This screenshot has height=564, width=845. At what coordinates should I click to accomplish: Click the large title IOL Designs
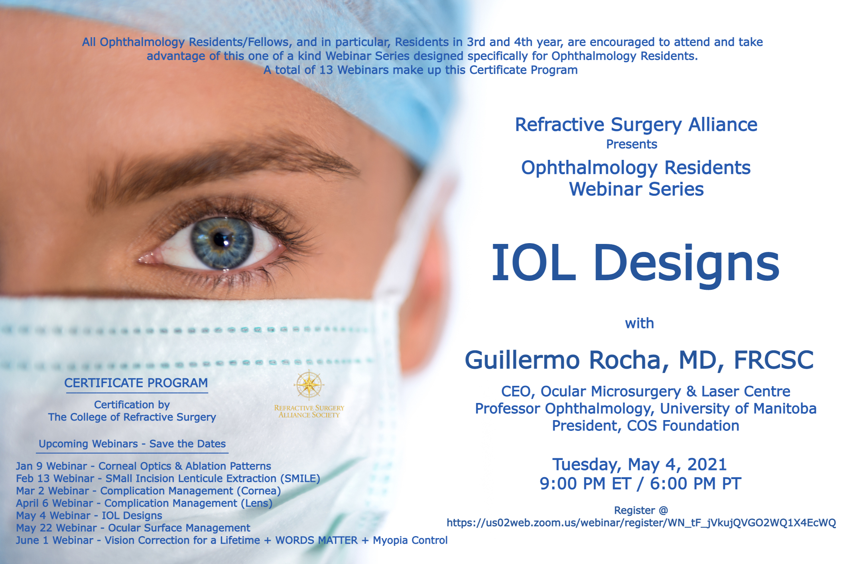coord(635,264)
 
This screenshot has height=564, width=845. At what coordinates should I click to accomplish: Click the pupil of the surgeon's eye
coord(221,239)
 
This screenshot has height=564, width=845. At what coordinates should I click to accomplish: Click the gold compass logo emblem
coord(309,385)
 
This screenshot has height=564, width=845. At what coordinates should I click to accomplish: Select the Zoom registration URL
coord(641,523)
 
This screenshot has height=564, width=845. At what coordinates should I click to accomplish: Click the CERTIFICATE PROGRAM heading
coord(136,383)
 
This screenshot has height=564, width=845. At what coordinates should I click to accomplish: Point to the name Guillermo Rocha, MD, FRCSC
coord(639,360)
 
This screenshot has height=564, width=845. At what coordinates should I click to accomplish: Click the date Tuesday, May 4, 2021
coord(640,464)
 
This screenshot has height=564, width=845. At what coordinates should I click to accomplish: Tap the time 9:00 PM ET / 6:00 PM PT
coord(640,483)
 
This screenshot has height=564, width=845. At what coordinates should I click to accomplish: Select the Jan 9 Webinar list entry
coord(144,466)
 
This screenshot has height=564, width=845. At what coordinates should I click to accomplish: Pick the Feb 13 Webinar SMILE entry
coord(168,478)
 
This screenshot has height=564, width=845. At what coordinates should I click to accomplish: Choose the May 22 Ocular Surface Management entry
coord(133,528)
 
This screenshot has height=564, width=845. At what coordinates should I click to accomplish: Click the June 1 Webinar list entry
coord(232,540)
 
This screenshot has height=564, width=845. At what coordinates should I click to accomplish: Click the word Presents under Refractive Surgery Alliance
coord(632,144)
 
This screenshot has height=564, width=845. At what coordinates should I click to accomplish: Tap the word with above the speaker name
coord(640,323)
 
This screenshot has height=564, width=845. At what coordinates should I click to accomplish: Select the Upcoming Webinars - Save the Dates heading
coord(132,444)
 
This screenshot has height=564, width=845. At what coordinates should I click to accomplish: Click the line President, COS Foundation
coord(646,426)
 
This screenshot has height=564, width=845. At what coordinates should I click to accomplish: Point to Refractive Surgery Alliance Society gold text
coord(309,411)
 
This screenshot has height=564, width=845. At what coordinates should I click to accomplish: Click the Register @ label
coord(641,510)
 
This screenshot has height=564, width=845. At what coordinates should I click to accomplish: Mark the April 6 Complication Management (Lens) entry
coord(144,503)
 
